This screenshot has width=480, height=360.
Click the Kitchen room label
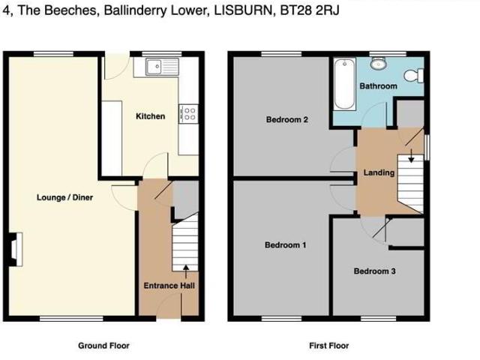tap(150, 116)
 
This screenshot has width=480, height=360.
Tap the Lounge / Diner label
tap(64, 198)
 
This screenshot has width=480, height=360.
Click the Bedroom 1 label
tap(285, 245)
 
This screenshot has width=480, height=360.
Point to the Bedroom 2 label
tap(287, 120)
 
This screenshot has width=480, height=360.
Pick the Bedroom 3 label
tap(374, 271)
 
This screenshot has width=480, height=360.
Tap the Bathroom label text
tap(378, 86)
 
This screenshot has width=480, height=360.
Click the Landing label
tap(379, 172)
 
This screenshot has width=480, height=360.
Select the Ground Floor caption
tap(103, 346)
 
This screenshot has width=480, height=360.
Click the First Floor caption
tap(328, 346)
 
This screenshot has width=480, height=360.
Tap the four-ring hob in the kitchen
tap(187, 114)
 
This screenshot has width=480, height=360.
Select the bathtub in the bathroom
tap(344, 85)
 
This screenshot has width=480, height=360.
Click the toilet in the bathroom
tap(412, 76)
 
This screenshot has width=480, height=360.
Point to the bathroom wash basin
tap(379, 64)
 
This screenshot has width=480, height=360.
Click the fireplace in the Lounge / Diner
tap(15, 250)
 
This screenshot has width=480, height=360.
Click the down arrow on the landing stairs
tap(410, 156)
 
